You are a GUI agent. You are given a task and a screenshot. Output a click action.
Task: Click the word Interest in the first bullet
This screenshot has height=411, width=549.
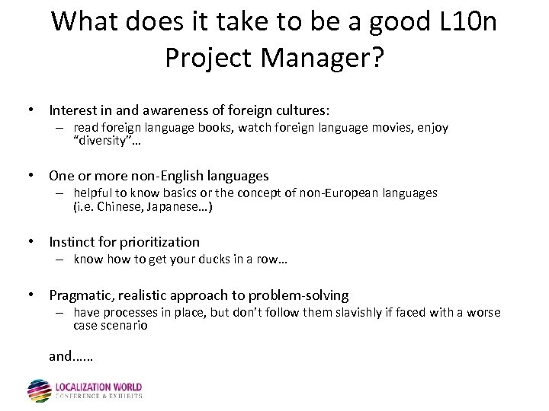pyautogui.click(x=74, y=111)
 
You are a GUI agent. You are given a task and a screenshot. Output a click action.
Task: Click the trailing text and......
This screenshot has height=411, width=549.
pyautogui.click(x=60, y=355)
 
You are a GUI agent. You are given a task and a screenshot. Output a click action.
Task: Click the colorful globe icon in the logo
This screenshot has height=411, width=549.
pyautogui.click(x=39, y=390)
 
